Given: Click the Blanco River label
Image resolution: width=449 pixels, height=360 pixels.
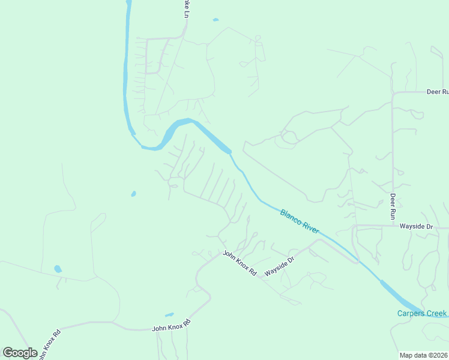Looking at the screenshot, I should pyautogui.click(x=300, y=221).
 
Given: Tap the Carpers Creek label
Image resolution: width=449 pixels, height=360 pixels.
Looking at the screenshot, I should pyautogui.click(x=422, y=313).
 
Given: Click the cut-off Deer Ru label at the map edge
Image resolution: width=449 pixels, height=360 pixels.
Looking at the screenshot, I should pyautogui.click(x=438, y=92).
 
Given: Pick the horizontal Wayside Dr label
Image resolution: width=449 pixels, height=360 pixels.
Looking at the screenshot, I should pyautogui.click(x=417, y=226).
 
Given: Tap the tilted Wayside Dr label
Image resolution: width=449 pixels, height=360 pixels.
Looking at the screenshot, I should pyautogui.click(x=280, y=266).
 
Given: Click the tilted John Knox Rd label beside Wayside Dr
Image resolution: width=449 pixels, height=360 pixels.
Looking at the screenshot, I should pyautogui.click(x=240, y=263).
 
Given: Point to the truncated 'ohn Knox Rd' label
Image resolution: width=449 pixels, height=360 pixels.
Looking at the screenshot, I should pyautogui.click(x=50, y=344).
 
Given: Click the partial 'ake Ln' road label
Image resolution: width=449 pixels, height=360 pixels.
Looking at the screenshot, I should pyautogui.click(x=185, y=8).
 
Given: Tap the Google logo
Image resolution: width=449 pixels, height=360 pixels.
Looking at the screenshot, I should pyautogui.click(x=20, y=353).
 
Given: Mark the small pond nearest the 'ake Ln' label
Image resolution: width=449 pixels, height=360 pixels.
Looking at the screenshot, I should pyautogui.click(x=215, y=20).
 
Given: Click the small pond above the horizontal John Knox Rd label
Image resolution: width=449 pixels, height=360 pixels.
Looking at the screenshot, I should pyautogui.click(x=169, y=314).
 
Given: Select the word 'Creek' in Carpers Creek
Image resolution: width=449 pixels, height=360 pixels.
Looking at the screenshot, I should pyautogui.click(x=436, y=313).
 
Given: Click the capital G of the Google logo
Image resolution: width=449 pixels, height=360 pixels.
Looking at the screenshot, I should pyautogui.click(x=8, y=353).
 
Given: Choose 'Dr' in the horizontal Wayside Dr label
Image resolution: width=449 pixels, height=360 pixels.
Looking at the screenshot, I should pyautogui.click(x=429, y=226).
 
